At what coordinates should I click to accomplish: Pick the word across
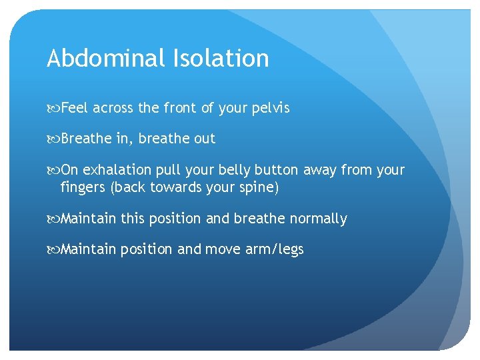coord(115,108)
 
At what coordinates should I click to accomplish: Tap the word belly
coord(233,170)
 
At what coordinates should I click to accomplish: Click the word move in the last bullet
coord(221,250)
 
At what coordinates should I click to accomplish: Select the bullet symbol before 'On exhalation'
coord(53,170)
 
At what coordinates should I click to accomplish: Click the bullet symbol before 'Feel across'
coord(53,108)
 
